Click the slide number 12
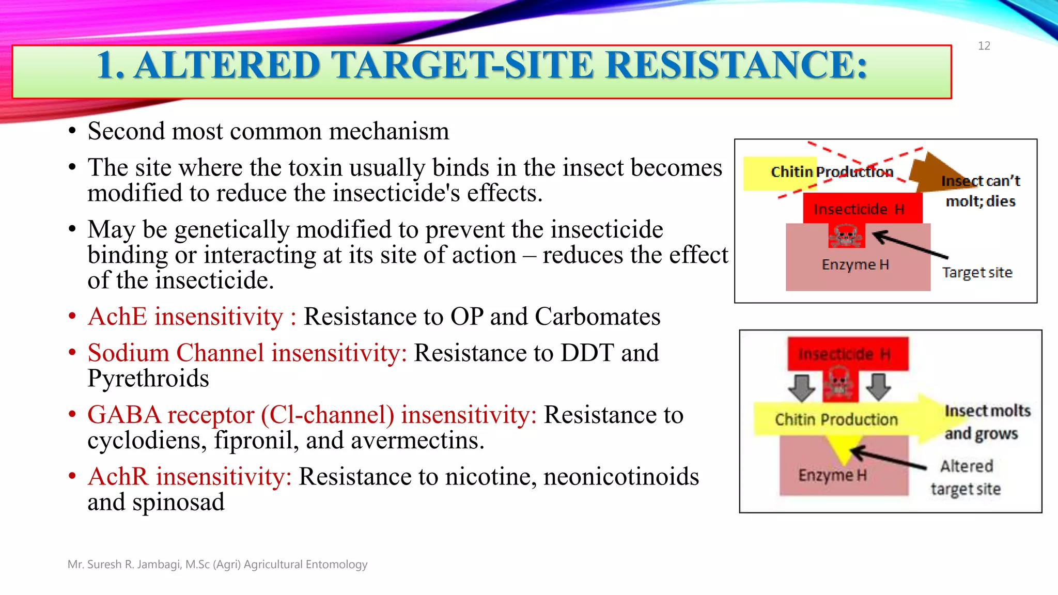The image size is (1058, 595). click(984, 46)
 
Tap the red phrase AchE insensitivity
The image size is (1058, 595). click(185, 317)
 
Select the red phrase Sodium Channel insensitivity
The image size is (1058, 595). click(247, 353)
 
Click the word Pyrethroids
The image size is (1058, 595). click(148, 379)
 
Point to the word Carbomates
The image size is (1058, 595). click(597, 317)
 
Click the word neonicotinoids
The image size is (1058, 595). click(621, 477)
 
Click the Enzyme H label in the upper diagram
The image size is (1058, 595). click(855, 264)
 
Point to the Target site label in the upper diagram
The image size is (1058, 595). click(977, 272)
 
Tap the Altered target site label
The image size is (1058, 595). click(966, 477)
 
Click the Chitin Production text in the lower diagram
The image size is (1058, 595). click(836, 419)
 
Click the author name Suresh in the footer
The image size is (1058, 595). click(105, 565)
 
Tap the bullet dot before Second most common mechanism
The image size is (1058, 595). click(72, 131)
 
